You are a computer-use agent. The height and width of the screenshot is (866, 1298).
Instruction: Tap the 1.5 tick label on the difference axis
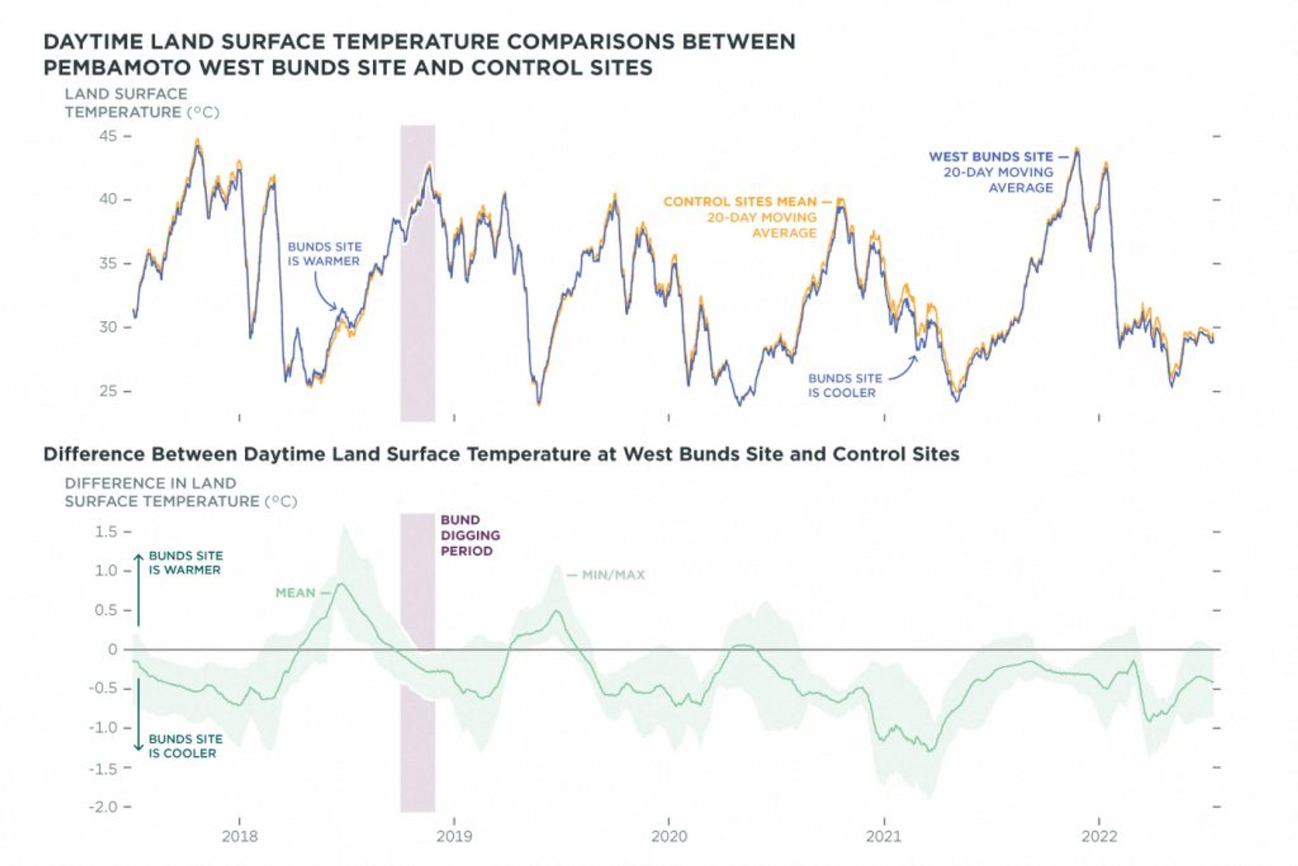(x=106, y=532)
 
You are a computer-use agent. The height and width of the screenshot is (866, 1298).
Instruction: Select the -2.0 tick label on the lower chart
(x=103, y=807)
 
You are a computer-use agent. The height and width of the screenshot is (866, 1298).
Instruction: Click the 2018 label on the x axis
(x=240, y=837)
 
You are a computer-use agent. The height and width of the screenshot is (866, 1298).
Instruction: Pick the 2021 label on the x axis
(x=884, y=837)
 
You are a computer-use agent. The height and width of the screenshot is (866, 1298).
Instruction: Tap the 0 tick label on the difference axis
(x=113, y=649)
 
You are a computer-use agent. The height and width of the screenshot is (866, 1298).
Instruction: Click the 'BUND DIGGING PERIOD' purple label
(x=470, y=536)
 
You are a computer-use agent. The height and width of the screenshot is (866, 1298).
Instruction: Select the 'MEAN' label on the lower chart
(x=295, y=593)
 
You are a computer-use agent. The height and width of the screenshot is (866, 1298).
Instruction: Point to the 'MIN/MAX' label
(x=613, y=576)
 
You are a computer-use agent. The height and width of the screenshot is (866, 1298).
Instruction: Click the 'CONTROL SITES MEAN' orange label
(x=740, y=202)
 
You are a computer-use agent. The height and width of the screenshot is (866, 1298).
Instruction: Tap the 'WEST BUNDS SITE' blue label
(x=991, y=157)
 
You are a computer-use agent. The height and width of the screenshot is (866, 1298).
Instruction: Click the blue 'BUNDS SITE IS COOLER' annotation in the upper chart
(x=844, y=385)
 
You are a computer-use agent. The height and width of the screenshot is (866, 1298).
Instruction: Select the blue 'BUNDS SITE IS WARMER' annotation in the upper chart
(x=324, y=254)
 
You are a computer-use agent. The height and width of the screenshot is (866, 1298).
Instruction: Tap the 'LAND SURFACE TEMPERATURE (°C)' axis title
(x=141, y=103)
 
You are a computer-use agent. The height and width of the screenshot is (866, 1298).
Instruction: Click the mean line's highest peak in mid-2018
(x=341, y=584)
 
